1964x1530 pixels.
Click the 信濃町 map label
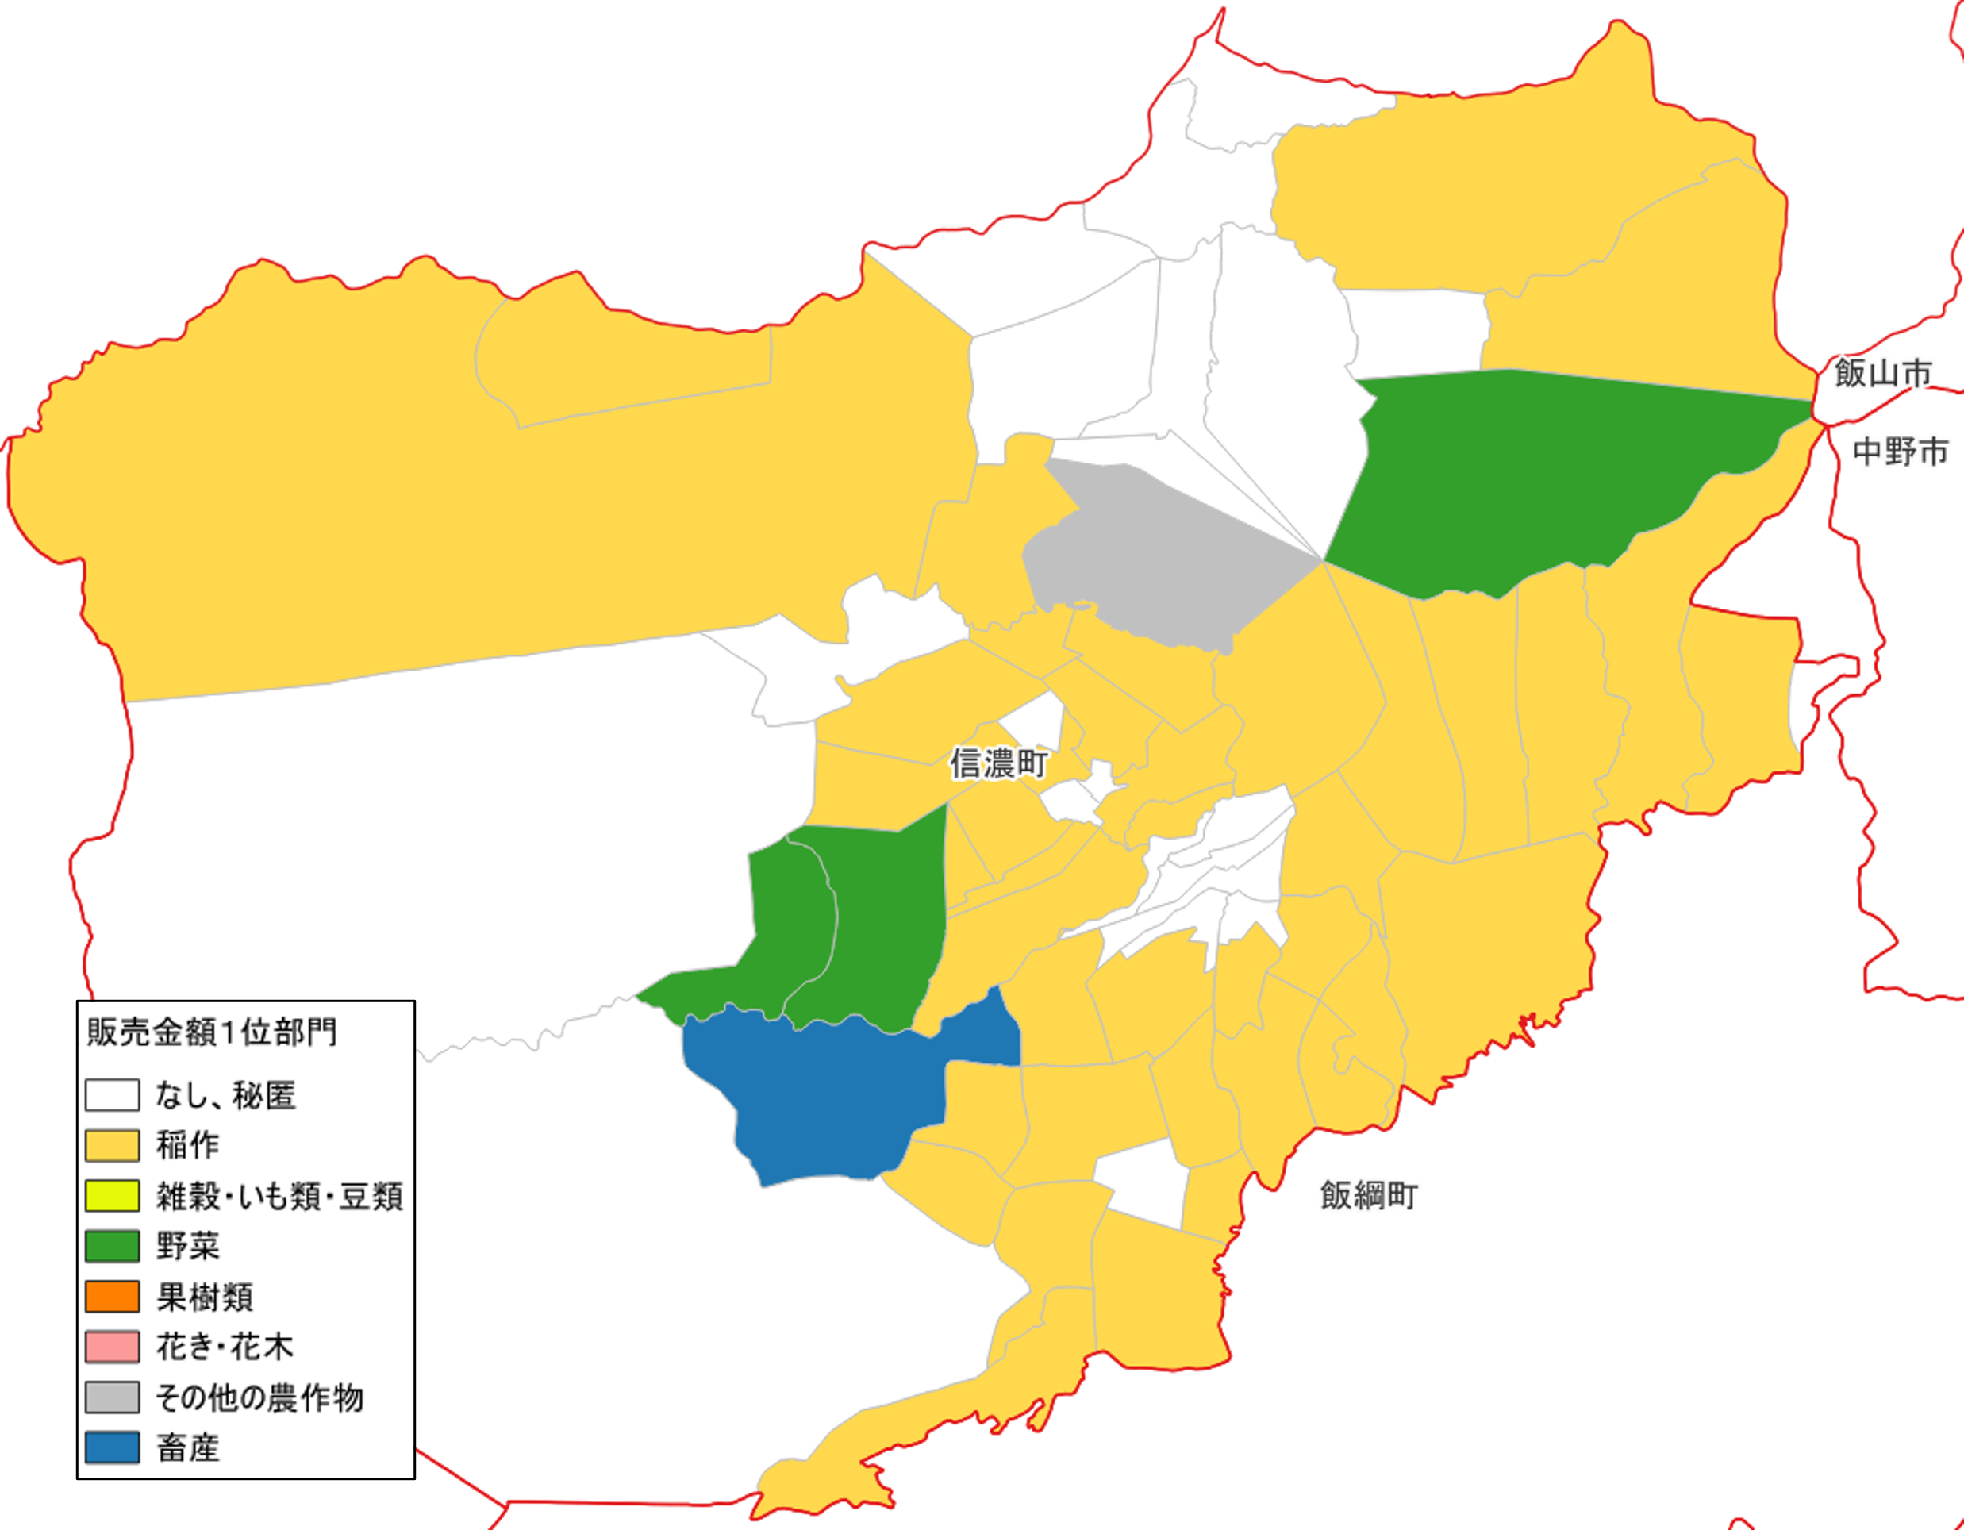point(998,763)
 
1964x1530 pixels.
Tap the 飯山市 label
point(1882,372)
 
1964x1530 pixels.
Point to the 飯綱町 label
point(1369,1195)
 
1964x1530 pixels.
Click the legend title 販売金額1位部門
point(212,1032)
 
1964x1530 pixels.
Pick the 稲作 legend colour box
point(113,1146)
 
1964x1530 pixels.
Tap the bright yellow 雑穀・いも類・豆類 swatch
point(113,1196)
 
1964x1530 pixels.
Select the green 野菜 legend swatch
point(113,1247)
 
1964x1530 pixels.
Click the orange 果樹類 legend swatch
point(113,1297)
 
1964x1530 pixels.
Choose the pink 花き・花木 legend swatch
point(113,1347)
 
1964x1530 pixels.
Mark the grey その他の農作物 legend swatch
point(113,1397)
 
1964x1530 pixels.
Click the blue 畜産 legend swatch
point(113,1448)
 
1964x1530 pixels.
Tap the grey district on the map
point(1160,558)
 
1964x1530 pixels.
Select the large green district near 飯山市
point(1529,477)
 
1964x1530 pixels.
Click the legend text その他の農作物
point(259,1397)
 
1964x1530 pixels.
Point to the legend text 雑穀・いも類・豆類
point(279,1196)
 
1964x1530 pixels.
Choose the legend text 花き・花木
point(225,1347)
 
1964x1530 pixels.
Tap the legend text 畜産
point(188,1448)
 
